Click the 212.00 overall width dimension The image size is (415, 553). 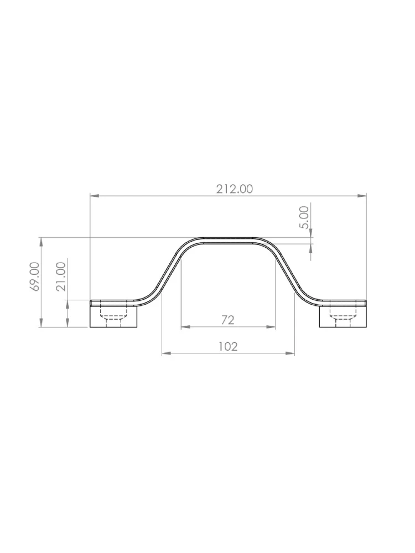point(234,189)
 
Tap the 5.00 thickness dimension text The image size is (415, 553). point(304,217)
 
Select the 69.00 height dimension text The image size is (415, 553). point(34,276)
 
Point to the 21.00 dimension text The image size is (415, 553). point(61,276)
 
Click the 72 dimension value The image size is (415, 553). point(228,320)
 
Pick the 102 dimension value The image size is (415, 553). point(228,347)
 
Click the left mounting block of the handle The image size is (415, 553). point(113,317)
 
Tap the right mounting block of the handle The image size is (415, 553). point(343,317)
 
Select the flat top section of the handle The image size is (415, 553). point(228,240)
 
